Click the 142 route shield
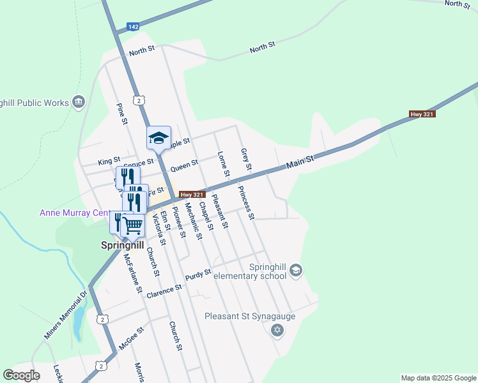[x=133, y=26]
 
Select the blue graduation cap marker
[x=159, y=138]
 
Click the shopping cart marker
[x=132, y=225]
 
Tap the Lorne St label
[x=223, y=163]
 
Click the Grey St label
[x=245, y=159]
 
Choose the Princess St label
[x=246, y=203]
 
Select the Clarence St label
[x=164, y=292]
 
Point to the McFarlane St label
[x=133, y=273]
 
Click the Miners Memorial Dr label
[x=65, y=316]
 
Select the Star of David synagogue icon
[x=277, y=330]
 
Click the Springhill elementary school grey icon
[x=295, y=271]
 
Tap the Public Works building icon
[x=79, y=101]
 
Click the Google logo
[x=21, y=375]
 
